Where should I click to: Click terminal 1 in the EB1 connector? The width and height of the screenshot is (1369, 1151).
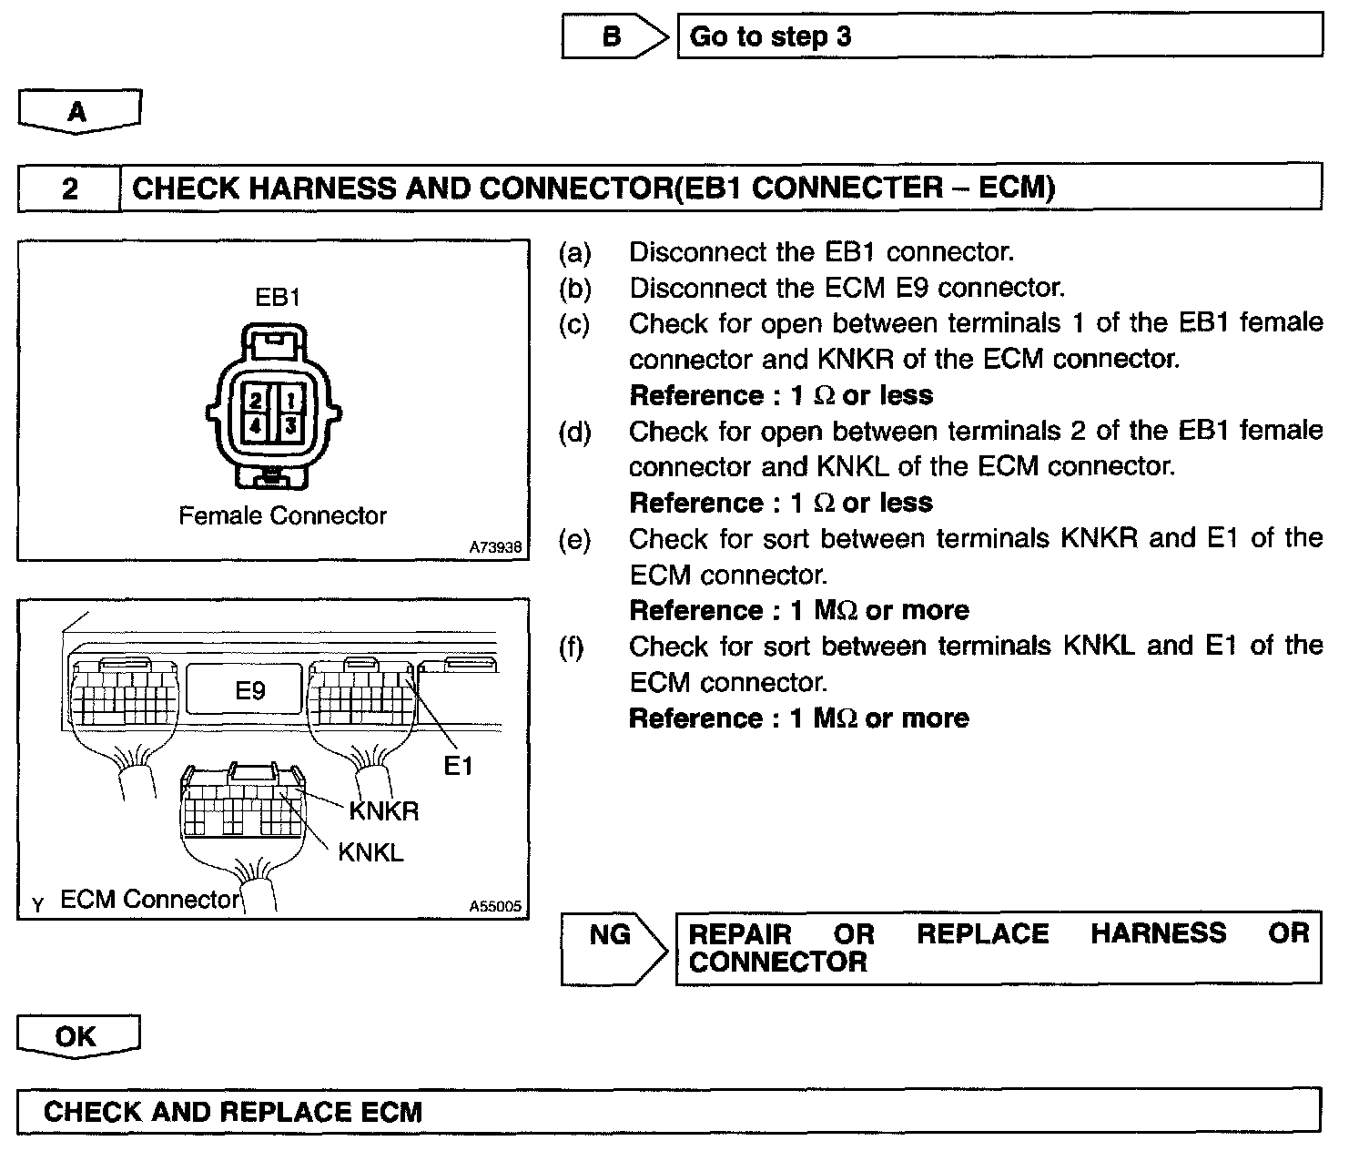click(290, 400)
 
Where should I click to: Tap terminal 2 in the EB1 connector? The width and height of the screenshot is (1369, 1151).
click(256, 400)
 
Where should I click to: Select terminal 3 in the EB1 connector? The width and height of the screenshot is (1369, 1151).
click(290, 425)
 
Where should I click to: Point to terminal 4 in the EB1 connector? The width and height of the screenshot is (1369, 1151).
click(256, 425)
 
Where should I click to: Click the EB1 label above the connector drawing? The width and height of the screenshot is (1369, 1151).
click(278, 297)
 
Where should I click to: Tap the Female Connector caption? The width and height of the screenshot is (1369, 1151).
click(282, 516)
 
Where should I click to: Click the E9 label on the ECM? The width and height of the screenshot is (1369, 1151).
click(250, 690)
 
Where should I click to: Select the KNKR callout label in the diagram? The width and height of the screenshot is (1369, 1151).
click(383, 810)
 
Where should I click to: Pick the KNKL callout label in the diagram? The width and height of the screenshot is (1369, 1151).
click(370, 852)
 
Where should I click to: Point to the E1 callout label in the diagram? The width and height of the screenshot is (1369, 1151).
click(458, 767)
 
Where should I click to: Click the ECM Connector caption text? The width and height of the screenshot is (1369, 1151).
click(149, 900)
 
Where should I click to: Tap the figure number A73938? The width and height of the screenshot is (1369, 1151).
click(495, 547)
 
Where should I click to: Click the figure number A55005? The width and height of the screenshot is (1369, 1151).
click(495, 906)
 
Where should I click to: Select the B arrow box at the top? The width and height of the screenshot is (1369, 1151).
click(612, 36)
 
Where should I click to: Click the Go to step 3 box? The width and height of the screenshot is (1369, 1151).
click(999, 36)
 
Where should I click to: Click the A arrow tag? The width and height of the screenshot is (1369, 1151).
click(78, 112)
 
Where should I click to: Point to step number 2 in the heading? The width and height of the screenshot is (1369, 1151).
click(70, 188)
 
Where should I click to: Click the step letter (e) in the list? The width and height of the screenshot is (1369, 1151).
click(573, 540)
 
